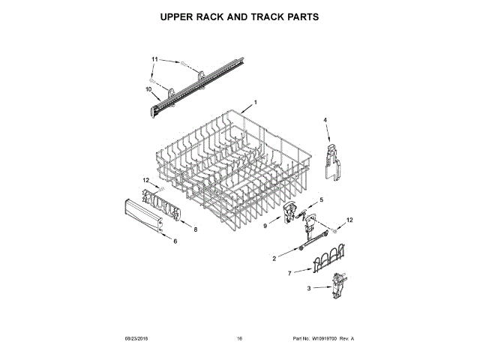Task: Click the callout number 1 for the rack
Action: coord(255,102)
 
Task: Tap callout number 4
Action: coord(325,120)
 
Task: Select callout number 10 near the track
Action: coord(148,90)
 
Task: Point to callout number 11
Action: coord(155,58)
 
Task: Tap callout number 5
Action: coord(321,200)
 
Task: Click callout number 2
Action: coord(274,258)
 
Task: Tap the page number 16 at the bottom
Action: coord(239,339)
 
